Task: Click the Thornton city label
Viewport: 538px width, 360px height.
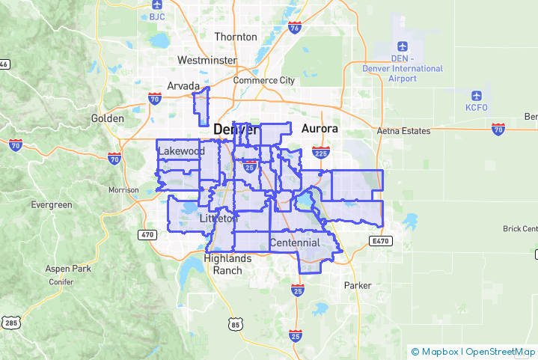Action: (x=236, y=37)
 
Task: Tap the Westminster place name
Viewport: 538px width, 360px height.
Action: (x=207, y=60)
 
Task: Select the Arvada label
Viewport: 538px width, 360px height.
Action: (x=183, y=85)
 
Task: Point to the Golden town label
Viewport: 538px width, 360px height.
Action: (x=107, y=118)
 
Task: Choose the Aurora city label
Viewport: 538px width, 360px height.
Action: (x=320, y=129)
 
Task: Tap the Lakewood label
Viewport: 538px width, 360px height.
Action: (x=182, y=150)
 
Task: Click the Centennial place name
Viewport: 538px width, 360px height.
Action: (x=295, y=242)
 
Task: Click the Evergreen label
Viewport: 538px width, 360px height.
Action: (x=52, y=204)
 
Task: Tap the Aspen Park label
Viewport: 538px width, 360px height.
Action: (x=67, y=268)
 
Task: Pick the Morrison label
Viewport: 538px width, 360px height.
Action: (x=123, y=190)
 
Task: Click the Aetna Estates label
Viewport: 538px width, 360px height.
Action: (x=404, y=131)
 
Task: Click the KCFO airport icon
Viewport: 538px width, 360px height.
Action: (x=476, y=96)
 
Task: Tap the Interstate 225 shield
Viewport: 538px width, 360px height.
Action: (x=320, y=153)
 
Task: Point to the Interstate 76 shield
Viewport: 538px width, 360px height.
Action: (x=295, y=28)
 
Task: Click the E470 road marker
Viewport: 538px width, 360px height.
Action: (x=380, y=241)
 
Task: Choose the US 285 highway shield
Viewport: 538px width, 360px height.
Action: (x=10, y=323)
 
